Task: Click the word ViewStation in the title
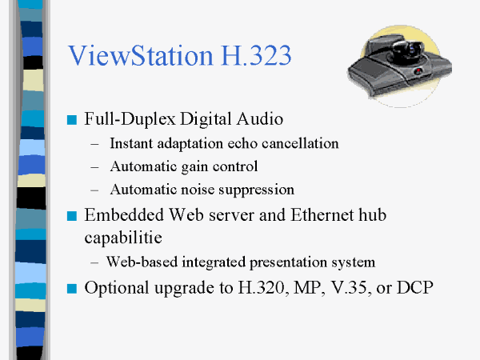(x=141, y=55)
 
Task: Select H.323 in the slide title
(x=256, y=55)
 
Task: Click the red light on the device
(x=418, y=70)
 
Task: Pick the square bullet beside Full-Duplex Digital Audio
(x=72, y=120)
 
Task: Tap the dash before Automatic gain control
(x=94, y=167)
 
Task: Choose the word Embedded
(x=124, y=214)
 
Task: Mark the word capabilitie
(x=123, y=238)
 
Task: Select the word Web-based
(x=142, y=262)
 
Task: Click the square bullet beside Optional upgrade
(x=72, y=288)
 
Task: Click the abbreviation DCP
(x=414, y=287)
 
